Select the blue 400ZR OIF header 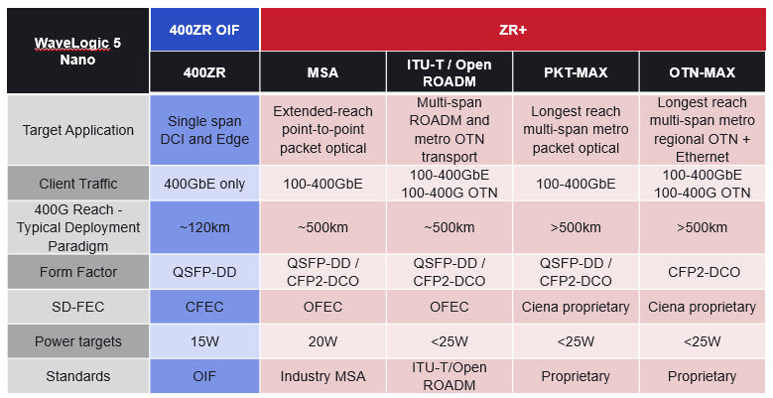[204, 30]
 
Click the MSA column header [323, 72]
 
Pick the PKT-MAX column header [576, 72]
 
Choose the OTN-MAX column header [702, 72]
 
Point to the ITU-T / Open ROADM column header [450, 72]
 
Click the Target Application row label [77, 130]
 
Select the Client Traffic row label [77, 184]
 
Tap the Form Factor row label [77, 272]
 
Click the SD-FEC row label [77, 307]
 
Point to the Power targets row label [77, 341]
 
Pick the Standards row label [77, 376]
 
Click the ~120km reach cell [204, 227]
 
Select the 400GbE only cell [204, 184]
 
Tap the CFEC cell [204, 307]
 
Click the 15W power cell [204, 341]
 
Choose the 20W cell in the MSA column [323, 341]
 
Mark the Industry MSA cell [323, 376]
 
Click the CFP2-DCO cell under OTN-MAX [702, 272]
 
